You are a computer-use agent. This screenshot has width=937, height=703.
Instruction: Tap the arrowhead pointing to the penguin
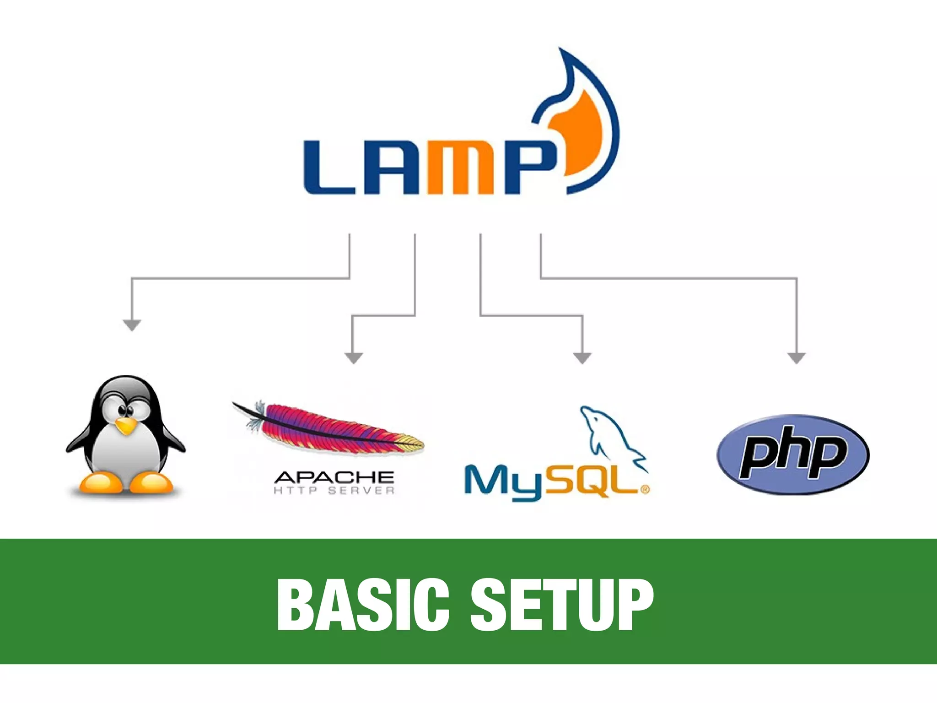(x=132, y=325)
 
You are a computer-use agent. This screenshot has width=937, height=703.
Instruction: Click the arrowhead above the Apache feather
(x=353, y=358)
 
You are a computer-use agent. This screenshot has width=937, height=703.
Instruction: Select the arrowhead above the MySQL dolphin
(x=582, y=358)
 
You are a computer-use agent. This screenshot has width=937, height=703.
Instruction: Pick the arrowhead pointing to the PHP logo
(x=796, y=358)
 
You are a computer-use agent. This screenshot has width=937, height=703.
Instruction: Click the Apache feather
(x=329, y=428)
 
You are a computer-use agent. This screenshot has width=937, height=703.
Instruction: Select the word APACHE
(x=334, y=477)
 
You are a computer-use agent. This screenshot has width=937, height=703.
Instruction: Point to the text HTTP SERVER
(x=334, y=491)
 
